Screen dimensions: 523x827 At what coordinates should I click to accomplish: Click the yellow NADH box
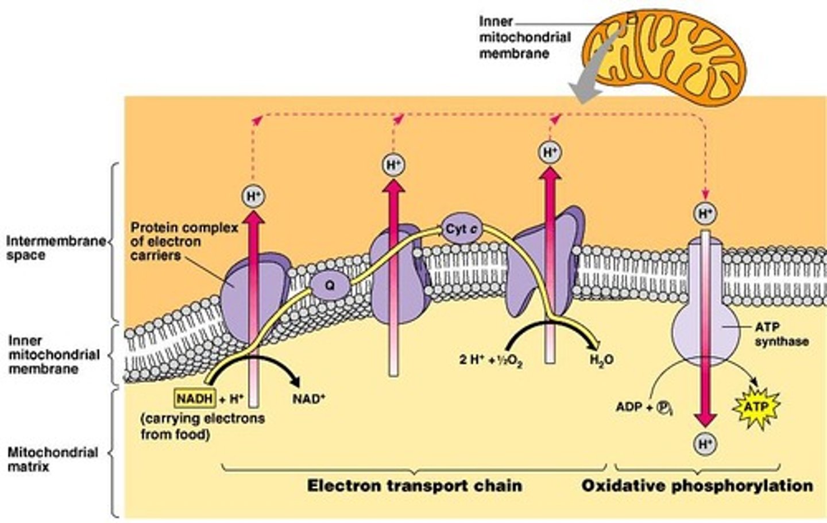point(195,398)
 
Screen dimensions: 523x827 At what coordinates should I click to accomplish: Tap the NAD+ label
point(308,398)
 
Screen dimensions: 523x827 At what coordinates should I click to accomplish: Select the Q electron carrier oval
point(330,285)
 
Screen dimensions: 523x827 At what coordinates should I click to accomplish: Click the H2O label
point(601,360)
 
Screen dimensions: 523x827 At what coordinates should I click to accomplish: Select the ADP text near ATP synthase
point(628,407)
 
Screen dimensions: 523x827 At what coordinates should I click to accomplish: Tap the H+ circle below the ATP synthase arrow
point(705,444)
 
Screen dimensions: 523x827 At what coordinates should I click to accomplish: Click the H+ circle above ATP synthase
point(705,214)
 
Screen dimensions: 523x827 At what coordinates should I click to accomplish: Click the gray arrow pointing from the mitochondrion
point(592,75)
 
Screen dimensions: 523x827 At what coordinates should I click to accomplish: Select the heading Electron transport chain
point(415,486)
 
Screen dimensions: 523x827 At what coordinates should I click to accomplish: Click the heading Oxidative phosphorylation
point(697,486)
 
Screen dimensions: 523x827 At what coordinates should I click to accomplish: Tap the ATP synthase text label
point(780,334)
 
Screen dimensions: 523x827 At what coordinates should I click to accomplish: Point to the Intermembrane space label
point(56,248)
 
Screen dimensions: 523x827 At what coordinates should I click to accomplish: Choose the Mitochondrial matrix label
point(52,459)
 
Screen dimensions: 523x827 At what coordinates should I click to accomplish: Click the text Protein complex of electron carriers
point(184,241)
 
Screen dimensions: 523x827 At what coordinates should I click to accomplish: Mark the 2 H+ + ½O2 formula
point(490,361)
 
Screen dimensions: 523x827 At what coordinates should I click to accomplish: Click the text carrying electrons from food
point(203,426)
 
